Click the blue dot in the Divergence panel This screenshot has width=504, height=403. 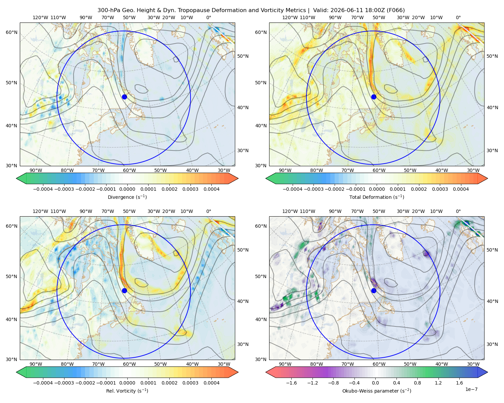click(x=124, y=97)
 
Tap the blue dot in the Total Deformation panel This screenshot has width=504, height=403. click(x=374, y=97)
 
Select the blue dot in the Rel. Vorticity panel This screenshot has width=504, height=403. click(x=124, y=290)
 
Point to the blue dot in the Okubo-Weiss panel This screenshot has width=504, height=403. click(x=374, y=290)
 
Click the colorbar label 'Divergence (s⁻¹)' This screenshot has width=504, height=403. click(x=127, y=197)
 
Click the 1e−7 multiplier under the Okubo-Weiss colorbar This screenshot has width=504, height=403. click(x=471, y=389)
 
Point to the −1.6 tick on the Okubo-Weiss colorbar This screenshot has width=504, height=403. click(x=291, y=383)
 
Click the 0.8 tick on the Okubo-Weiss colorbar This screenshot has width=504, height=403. click(x=417, y=383)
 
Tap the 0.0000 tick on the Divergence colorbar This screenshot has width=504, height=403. click(x=127, y=189)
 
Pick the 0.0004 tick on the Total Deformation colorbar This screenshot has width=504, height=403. click(x=461, y=189)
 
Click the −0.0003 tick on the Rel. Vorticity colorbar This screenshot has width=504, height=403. click(x=64, y=383)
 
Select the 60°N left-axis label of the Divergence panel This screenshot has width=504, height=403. click(x=11, y=32)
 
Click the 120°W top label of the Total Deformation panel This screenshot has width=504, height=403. click(x=290, y=17)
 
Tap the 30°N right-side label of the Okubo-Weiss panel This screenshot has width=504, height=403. click(x=492, y=344)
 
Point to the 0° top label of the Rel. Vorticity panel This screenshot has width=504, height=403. click(x=209, y=211)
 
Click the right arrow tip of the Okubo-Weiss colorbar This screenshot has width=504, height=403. click(x=488, y=372)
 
